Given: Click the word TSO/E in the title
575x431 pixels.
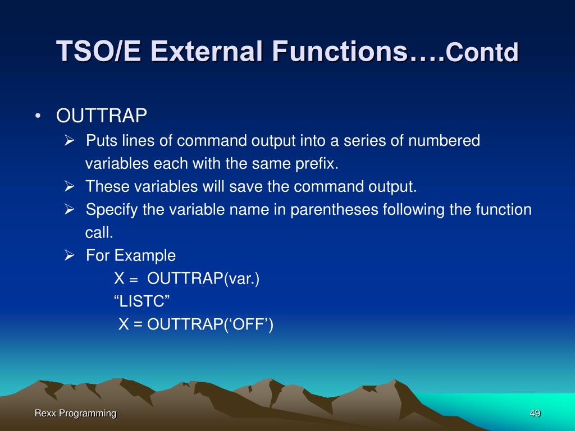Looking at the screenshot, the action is tap(99, 51).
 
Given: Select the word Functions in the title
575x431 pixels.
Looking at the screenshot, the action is tap(340, 51).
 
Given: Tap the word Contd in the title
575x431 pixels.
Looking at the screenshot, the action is tap(482, 52).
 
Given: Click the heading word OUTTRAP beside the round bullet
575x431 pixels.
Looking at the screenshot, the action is tap(102, 116).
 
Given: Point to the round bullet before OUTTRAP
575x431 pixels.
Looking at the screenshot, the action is tap(38, 116).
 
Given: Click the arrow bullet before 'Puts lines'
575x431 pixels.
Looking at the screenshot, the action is tap(69, 140).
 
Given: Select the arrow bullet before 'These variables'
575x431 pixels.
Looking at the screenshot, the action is tap(69, 186).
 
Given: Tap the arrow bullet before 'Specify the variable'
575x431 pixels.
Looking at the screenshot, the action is tap(69, 209).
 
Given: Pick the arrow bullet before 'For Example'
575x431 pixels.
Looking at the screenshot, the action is tap(69, 255).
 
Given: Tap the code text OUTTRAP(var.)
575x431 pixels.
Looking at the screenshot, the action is tap(203, 278).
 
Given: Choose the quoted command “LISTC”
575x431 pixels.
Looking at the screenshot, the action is tap(142, 301).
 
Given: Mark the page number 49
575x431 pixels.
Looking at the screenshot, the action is tap(535, 414).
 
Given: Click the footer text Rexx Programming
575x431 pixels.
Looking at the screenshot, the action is tap(76, 414).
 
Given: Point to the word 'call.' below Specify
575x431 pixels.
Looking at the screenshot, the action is tap(99, 233).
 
